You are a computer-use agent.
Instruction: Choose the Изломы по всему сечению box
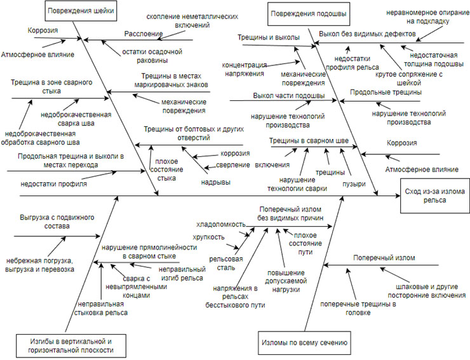pyautogui.click(x=304, y=343)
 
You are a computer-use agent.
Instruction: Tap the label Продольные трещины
pyautogui.click(x=385, y=93)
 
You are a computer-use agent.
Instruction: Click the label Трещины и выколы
pyautogui.click(x=260, y=37)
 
